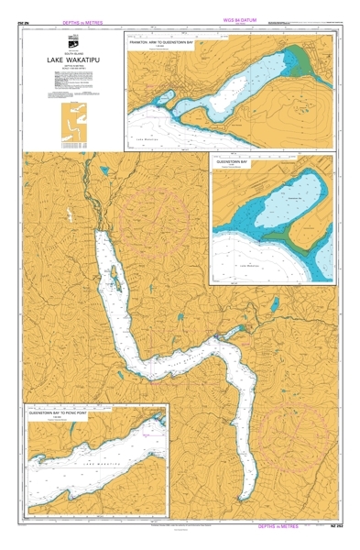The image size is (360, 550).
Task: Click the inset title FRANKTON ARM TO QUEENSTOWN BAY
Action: (165, 42)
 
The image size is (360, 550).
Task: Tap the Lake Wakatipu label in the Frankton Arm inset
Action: (147, 137)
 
